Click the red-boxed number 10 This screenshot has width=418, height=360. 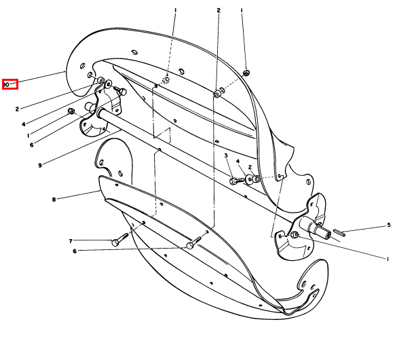coord(6,85)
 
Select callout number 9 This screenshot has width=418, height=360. coord(40,166)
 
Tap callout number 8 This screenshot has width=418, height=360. coord(54,199)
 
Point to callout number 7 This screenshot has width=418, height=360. coord(71,241)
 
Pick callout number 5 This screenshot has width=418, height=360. coord(389,225)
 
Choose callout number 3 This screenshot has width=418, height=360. coord(226,156)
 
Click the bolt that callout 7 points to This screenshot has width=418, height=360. coord(119,240)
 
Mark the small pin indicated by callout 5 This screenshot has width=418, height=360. coord(339,233)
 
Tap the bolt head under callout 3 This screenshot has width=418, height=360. coord(233,181)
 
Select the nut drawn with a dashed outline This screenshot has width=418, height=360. coord(166,79)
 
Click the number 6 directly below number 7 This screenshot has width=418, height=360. coord(75,251)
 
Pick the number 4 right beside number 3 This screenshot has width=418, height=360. coord(237,161)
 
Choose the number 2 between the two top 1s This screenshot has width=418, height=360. coord(218,10)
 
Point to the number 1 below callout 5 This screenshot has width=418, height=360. coord(387,259)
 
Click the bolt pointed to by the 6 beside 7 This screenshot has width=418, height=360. coord(195,242)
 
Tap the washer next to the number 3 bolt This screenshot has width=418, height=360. coord(249,179)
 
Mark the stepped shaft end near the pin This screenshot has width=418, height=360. coord(319,229)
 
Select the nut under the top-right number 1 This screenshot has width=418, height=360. coord(246,73)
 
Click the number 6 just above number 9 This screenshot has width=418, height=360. coord(31,145)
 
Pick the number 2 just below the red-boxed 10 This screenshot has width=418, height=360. coord(17,109)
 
